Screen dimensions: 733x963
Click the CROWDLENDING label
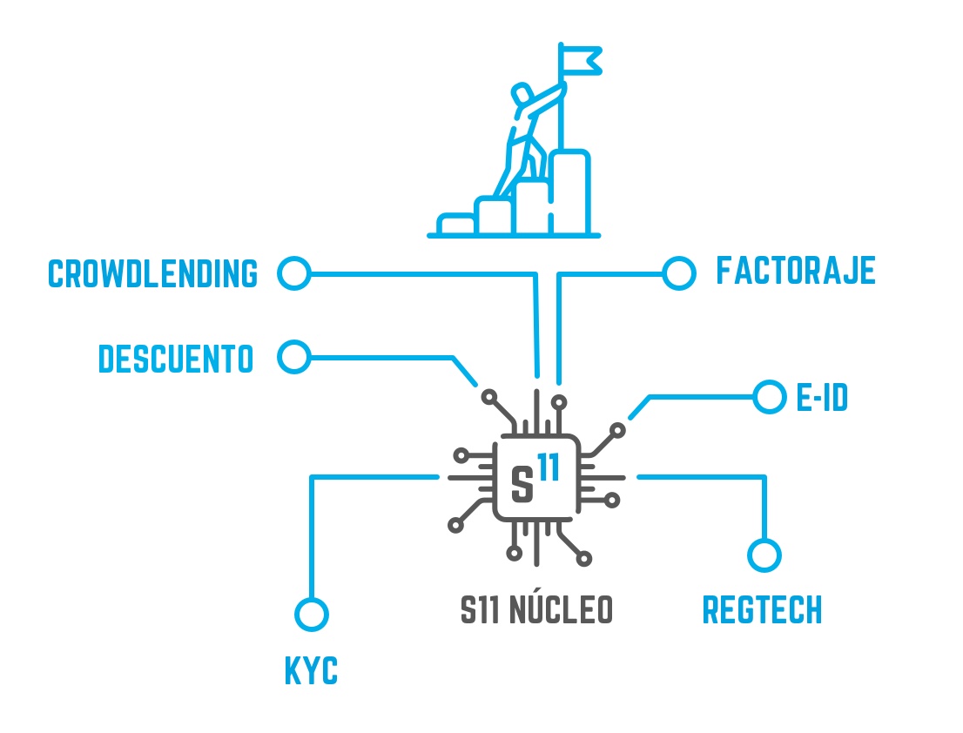coord(153,273)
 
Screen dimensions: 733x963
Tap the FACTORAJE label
coord(795,271)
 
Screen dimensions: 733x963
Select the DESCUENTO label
coord(176,359)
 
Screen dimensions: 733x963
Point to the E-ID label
coord(822,399)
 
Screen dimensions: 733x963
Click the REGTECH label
coord(762,611)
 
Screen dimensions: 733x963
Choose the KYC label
coord(311,672)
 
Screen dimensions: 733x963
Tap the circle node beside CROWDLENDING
coord(294,273)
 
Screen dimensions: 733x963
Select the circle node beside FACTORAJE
coord(678,273)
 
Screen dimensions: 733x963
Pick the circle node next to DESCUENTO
coord(294,357)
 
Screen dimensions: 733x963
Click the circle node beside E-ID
coord(769,397)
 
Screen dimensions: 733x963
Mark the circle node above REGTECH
coord(764,555)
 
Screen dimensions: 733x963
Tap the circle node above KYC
coord(311,614)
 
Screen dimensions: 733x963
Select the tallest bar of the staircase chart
coord(571,193)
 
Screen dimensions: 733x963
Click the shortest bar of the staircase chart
coord(456,225)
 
